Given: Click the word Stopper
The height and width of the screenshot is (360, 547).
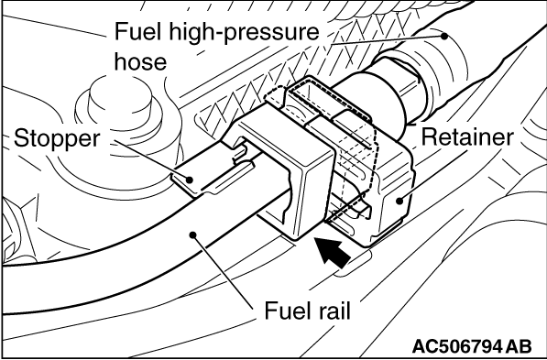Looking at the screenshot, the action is [57, 139].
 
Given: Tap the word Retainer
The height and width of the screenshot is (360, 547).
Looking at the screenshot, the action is [467, 137].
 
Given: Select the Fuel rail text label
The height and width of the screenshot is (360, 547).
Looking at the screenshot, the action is [307, 311].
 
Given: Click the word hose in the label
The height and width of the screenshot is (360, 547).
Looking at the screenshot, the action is [140, 61].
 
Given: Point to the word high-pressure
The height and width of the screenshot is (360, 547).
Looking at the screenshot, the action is [244, 33].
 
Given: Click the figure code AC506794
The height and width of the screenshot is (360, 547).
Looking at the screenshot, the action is [457, 346].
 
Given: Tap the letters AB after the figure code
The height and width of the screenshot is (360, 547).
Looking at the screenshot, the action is [519, 346].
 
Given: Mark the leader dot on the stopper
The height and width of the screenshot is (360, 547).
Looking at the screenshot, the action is [190, 180].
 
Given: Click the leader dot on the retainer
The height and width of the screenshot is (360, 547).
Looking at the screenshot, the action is [399, 201].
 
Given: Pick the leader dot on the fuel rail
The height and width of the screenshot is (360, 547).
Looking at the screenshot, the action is [193, 235].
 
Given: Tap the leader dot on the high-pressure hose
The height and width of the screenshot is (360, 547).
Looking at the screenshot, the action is [444, 36].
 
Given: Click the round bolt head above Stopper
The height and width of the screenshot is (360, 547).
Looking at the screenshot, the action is [120, 101].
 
